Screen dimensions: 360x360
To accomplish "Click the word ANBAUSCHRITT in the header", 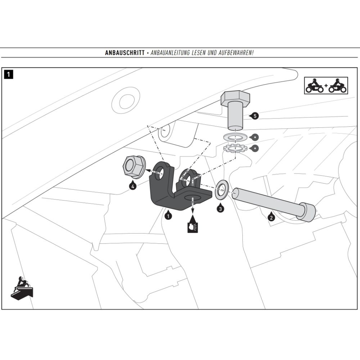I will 125,53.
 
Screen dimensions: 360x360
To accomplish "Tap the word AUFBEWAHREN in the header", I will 235,53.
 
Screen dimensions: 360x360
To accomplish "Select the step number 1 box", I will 8,75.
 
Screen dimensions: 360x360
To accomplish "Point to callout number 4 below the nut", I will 133,186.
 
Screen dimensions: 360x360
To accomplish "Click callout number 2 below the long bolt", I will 271,217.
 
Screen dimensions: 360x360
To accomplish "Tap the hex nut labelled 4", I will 134,167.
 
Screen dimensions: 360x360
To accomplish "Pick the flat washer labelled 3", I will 221,190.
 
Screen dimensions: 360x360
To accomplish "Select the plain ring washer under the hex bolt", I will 235,137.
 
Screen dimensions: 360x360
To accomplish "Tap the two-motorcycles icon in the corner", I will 326,85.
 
